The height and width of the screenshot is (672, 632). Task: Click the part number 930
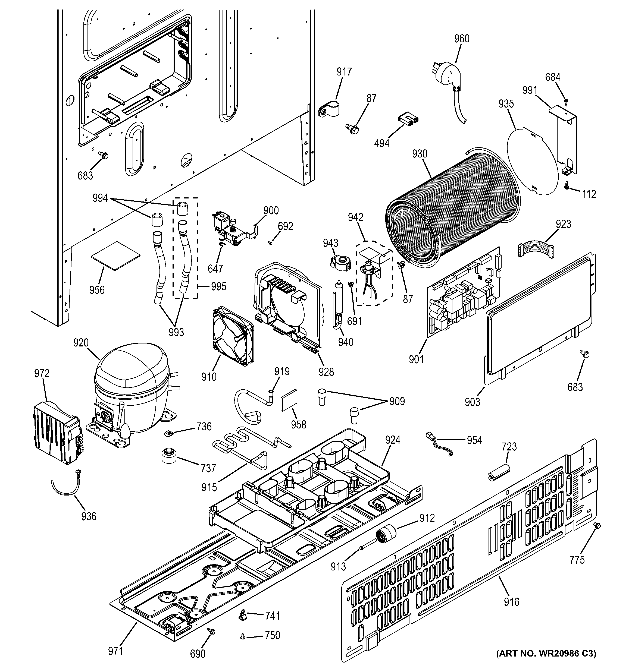coord(420,154)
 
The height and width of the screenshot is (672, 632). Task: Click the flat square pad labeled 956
coord(115,256)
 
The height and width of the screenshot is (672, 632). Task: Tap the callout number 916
coord(511,602)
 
